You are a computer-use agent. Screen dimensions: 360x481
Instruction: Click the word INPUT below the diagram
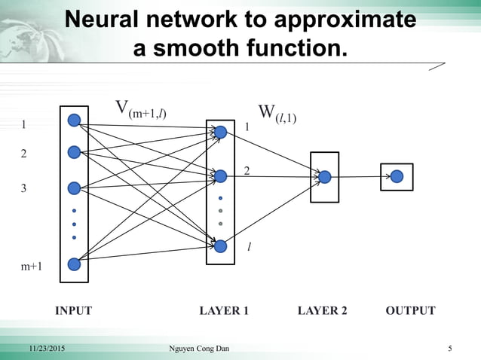[74, 310]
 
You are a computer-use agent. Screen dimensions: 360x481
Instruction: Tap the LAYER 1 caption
[224, 310]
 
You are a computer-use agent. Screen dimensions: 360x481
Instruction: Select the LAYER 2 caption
[323, 310]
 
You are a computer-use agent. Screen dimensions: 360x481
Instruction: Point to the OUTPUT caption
[410, 310]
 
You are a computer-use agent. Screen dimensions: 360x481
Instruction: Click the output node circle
[397, 176]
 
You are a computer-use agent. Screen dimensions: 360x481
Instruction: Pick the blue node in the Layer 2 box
[324, 177]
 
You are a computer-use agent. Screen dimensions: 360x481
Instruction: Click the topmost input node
[74, 120]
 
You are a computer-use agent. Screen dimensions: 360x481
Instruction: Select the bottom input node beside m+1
[74, 264]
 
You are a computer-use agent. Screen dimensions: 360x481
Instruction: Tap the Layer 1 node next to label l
[220, 246]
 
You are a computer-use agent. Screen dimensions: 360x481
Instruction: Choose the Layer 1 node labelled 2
[220, 176]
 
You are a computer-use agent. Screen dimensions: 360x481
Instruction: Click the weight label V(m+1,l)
[140, 110]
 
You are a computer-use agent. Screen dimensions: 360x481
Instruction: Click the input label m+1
[31, 266]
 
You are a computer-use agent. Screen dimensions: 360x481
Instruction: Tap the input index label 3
[23, 188]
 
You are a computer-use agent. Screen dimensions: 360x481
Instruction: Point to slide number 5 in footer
[450, 349]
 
